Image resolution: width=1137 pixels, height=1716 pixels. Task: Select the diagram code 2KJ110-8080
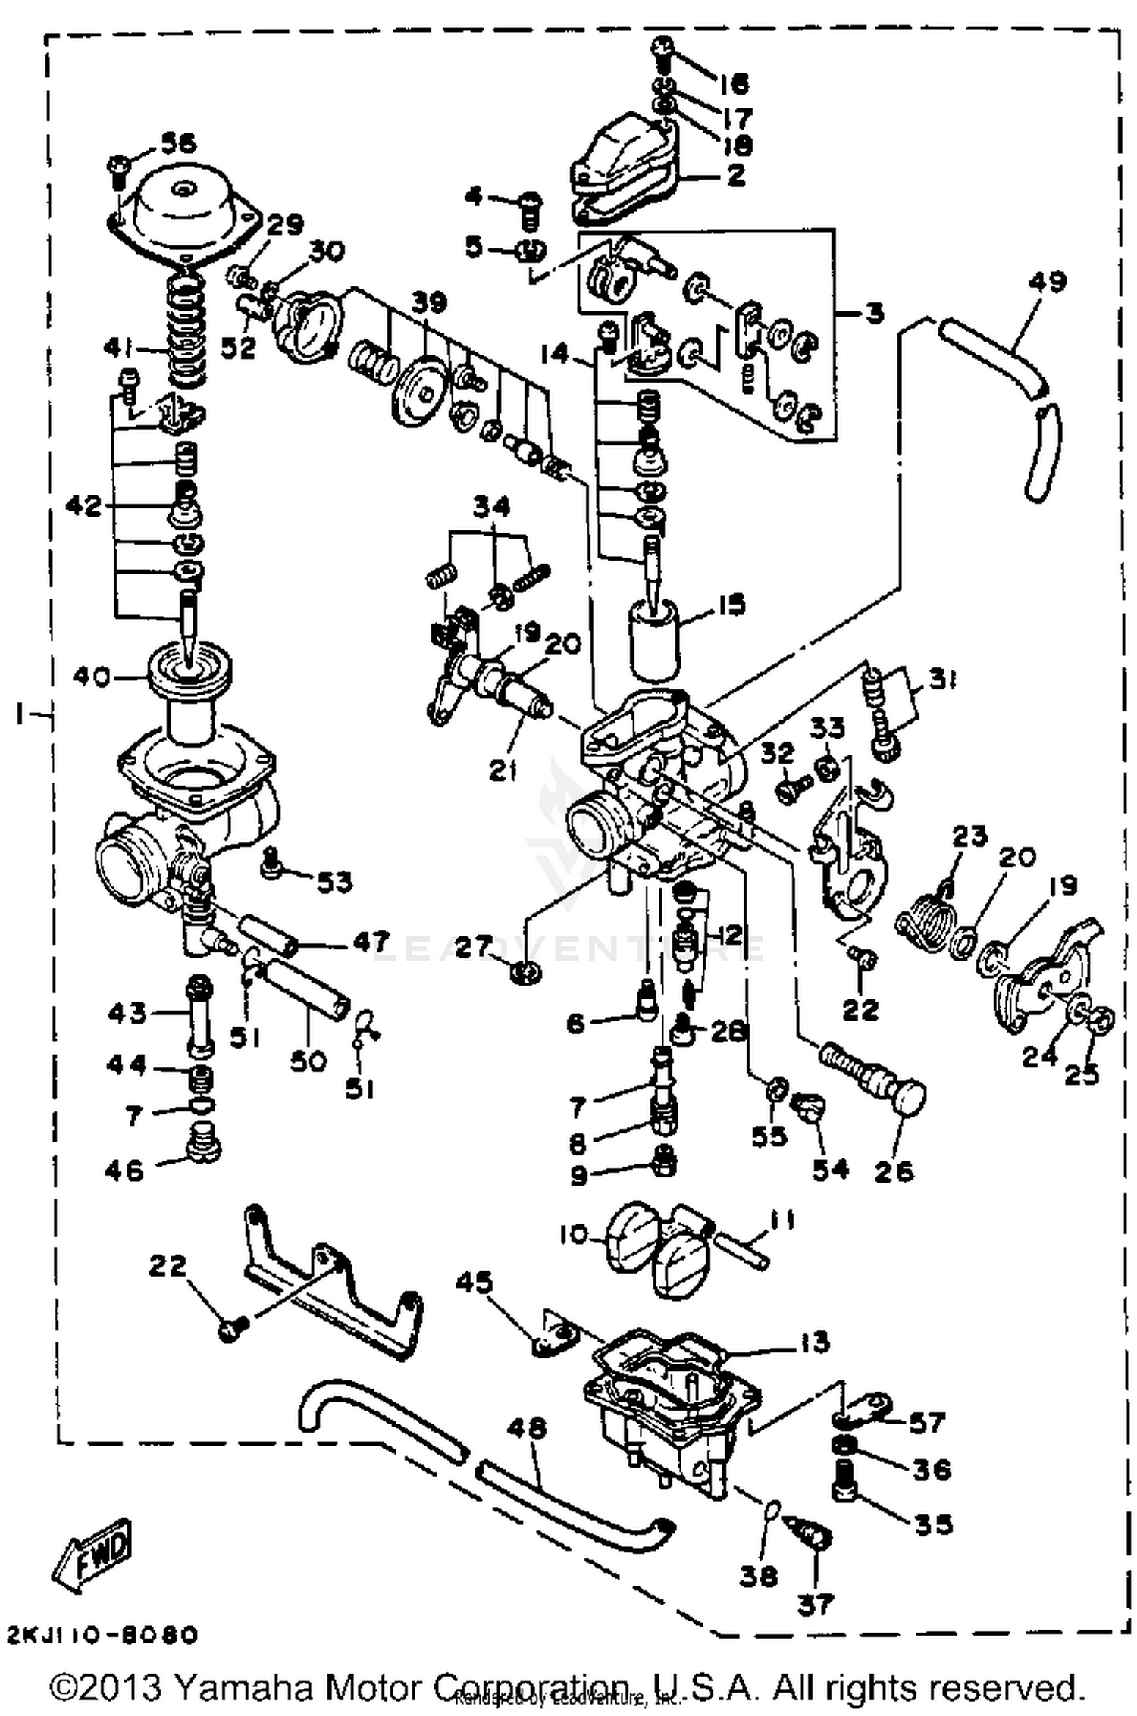click(102, 1634)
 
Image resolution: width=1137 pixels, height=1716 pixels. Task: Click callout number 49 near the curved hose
click(1048, 282)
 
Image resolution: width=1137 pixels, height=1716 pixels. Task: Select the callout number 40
click(92, 676)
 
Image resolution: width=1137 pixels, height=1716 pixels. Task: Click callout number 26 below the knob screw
click(894, 1171)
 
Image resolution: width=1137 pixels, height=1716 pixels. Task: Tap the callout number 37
click(815, 1603)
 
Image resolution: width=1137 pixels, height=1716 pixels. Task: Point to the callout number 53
click(334, 881)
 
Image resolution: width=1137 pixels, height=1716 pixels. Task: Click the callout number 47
click(370, 942)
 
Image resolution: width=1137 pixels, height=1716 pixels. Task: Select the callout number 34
click(492, 505)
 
